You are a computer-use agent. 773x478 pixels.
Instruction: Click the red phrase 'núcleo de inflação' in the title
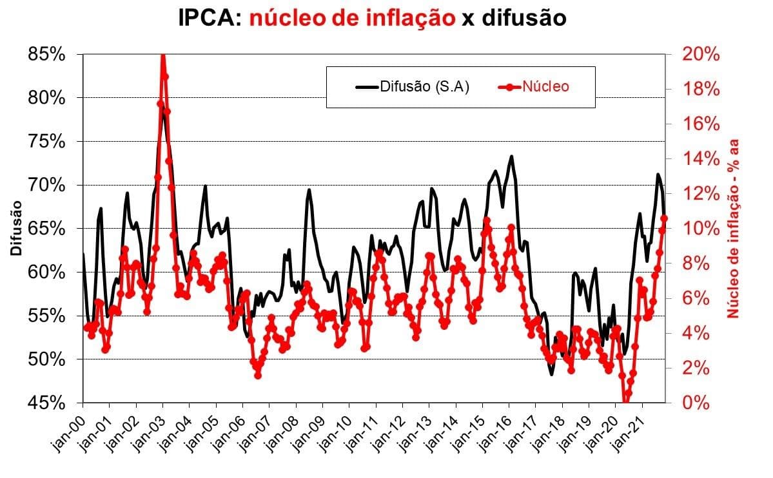(x=352, y=18)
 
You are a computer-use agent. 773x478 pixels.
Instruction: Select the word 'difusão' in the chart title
(x=516, y=18)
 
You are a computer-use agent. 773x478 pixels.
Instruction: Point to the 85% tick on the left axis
(x=47, y=55)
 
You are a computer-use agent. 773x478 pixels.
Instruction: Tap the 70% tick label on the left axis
(x=47, y=186)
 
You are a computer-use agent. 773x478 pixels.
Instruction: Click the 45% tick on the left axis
(x=47, y=403)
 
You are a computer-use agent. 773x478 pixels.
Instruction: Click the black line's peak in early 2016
(x=511, y=156)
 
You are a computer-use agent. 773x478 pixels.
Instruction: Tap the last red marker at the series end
(x=664, y=218)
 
